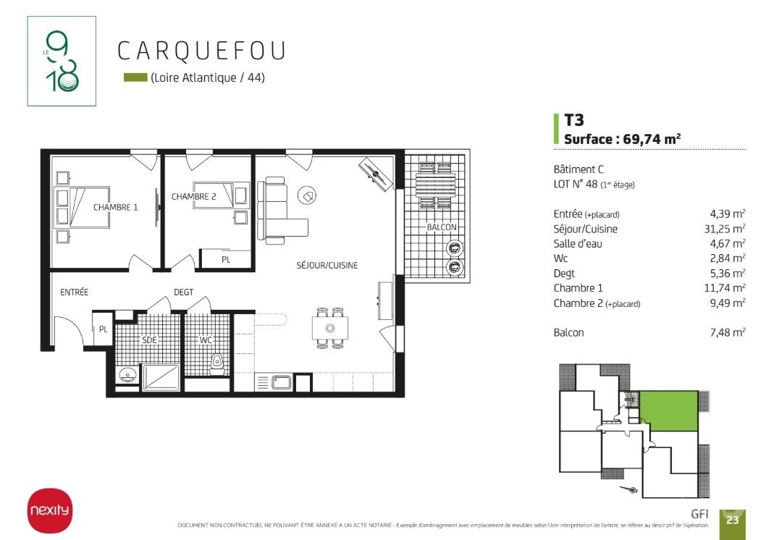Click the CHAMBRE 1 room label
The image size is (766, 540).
point(115,207)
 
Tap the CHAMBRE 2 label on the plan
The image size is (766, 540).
point(193,196)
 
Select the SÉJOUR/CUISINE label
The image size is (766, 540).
point(327,265)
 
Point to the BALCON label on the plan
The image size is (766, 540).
point(442,227)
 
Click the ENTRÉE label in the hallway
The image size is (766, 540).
point(75,292)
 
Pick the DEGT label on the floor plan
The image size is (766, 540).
point(184,292)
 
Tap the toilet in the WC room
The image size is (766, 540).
point(217,365)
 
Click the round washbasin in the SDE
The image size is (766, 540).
point(127,375)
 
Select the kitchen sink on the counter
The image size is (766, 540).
point(282,381)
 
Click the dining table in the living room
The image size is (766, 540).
point(330,328)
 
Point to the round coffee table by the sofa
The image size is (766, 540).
point(307,195)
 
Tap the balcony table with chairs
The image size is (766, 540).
point(435,185)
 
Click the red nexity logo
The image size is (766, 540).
point(49,510)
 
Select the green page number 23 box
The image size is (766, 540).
point(732,520)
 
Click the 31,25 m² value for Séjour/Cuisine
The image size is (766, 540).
point(725,229)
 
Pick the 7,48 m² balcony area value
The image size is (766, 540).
point(728,332)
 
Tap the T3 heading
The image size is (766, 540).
point(574,120)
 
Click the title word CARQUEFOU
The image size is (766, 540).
point(201,51)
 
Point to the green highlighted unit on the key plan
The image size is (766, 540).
point(669,410)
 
